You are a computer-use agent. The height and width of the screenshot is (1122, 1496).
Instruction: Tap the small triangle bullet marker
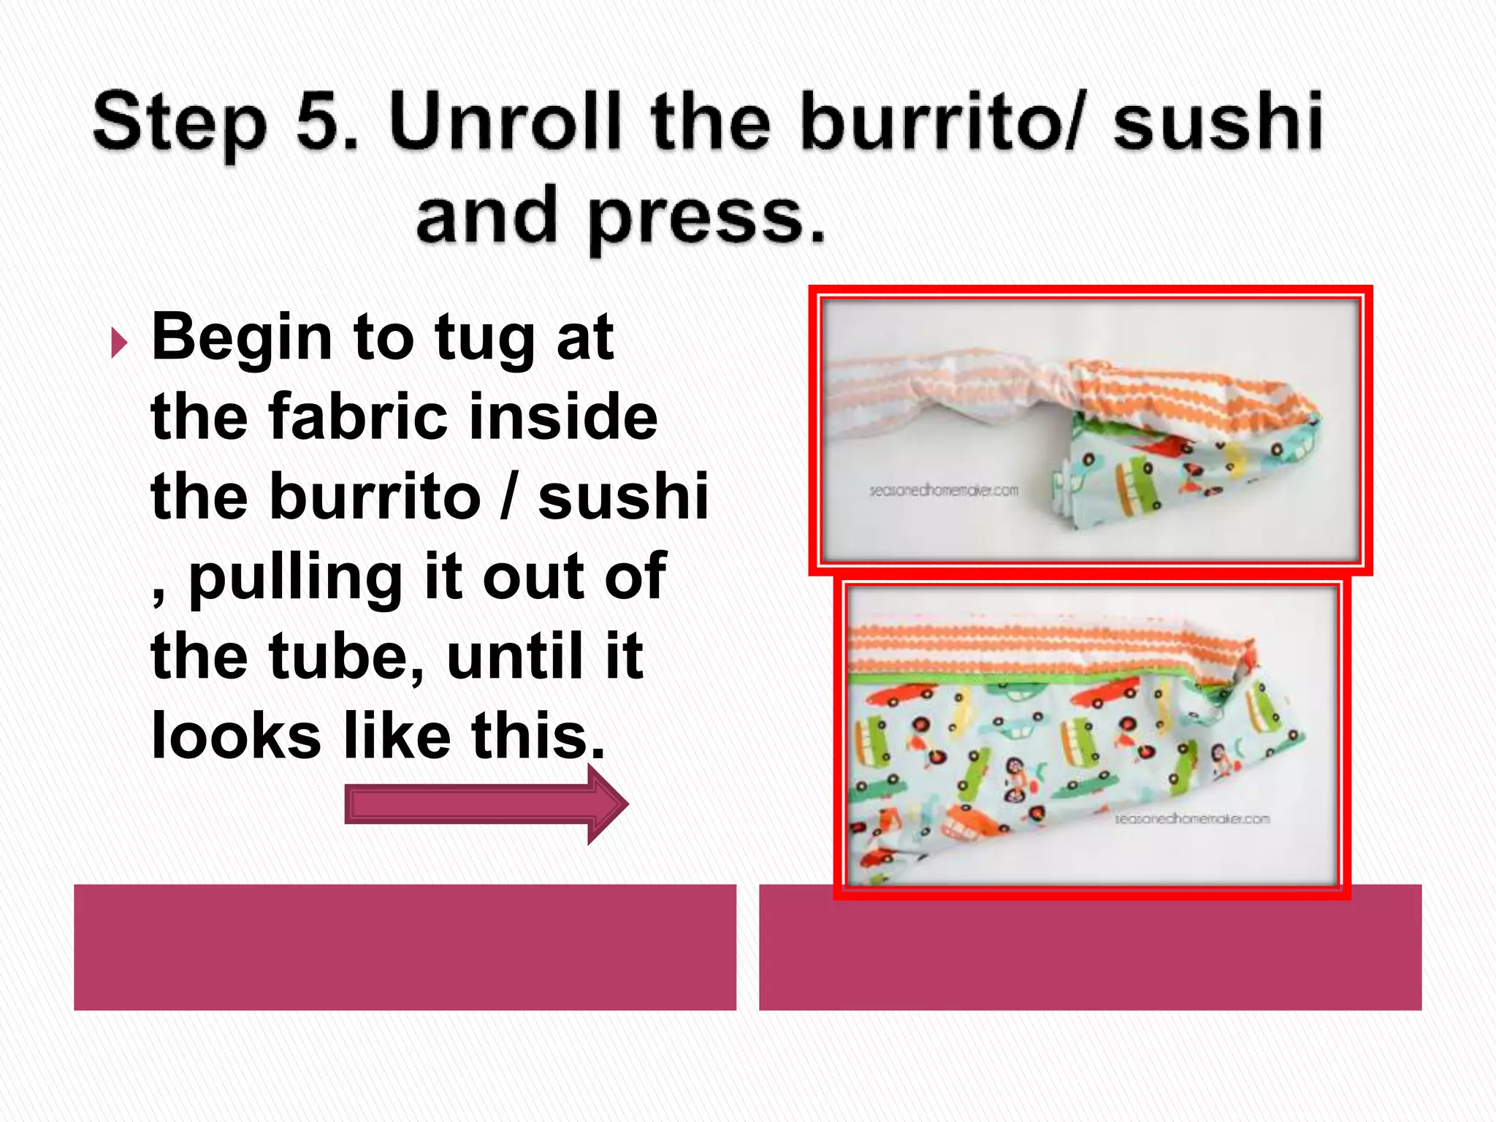click(x=119, y=343)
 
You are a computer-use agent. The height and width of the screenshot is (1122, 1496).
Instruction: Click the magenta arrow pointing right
click(x=486, y=804)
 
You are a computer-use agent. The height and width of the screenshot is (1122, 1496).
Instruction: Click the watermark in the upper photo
click(x=943, y=490)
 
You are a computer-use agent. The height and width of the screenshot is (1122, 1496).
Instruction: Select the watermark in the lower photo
click(x=1192, y=819)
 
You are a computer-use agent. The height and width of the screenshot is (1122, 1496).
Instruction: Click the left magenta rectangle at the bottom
click(x=405, y=947)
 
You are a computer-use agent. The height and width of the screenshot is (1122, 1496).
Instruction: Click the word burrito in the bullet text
click(x=375, y=497)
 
